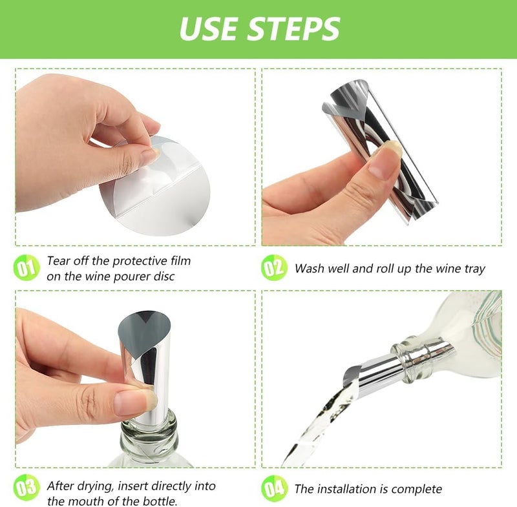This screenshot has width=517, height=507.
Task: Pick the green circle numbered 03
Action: (26, 488)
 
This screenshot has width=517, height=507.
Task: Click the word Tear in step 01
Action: (59, 261)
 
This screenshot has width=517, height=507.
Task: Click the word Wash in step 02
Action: (310, 268)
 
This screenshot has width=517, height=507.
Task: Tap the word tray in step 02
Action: (471, 268)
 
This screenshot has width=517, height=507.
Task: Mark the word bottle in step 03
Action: (157, 501)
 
